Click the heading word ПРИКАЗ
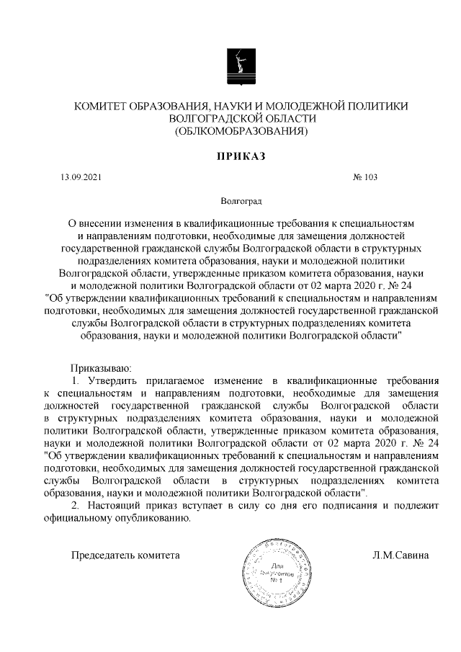pos(241,156)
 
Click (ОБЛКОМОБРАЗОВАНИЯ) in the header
pos(241,131)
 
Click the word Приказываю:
pos(101,367)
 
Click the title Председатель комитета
pos(124,555)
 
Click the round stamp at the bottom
pos(276,569)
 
